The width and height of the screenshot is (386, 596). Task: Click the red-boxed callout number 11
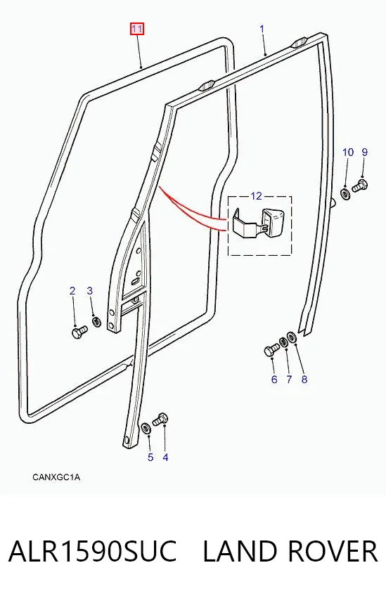(x=137, y=29)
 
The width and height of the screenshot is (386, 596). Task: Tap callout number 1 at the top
(x=262, y=29)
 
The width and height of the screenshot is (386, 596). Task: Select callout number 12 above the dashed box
(x=257, y=196)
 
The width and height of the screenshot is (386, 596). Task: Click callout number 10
(x=348, y=153)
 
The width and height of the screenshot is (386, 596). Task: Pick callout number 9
(x=365, y=153)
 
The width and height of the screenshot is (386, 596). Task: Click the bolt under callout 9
(x=359, y=186)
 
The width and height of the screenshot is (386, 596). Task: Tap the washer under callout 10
(x=346, y=194)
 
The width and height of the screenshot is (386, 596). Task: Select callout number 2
(x=72, y=291)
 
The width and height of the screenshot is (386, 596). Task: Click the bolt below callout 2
(x=79, y=332)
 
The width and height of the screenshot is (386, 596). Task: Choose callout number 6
(x=274, y=380)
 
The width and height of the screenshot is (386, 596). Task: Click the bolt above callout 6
(x=271, y=350)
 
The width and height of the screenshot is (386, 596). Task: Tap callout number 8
(x=304, y=380)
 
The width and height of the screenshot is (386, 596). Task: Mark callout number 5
(x=150, y=458)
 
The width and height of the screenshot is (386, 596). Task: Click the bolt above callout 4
(x=160, y=419)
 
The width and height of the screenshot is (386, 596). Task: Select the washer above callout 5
(x=146, y=427)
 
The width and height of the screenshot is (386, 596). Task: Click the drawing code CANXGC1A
(x=56, y=477)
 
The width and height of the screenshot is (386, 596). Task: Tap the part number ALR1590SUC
(x=92, y=551)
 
